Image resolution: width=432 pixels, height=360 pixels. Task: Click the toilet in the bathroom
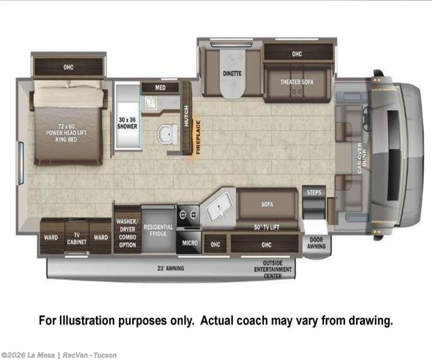(168, 134)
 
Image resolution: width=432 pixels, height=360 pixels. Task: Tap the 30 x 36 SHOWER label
(127, 123)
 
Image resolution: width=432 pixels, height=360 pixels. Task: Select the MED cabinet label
(160, 88)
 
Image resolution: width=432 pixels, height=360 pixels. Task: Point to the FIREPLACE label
(198, 138)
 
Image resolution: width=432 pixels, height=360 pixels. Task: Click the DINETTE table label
(232, 74)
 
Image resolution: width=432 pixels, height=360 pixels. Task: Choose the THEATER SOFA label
(297, 82)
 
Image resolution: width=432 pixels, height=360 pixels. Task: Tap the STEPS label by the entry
(314, 192)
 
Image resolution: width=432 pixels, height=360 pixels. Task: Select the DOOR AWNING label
(316, 243)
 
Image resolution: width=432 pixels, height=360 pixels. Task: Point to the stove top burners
(188, 214)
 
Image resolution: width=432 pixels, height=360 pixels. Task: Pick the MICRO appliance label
(190, 243)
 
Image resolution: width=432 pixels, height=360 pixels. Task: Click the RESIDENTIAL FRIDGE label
(158, 230)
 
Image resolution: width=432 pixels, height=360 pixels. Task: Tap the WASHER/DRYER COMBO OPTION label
(127, 233)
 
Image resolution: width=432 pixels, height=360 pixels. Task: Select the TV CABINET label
(77, 238)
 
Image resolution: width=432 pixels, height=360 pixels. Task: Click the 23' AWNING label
(170, 268)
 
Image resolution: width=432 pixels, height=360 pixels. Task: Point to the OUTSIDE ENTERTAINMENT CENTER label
(272, 269)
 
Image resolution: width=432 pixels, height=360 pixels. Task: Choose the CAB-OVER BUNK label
(362, 158)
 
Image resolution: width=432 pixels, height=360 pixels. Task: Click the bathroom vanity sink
(151, 102)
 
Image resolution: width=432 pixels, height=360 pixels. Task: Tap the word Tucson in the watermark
(105, 355)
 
